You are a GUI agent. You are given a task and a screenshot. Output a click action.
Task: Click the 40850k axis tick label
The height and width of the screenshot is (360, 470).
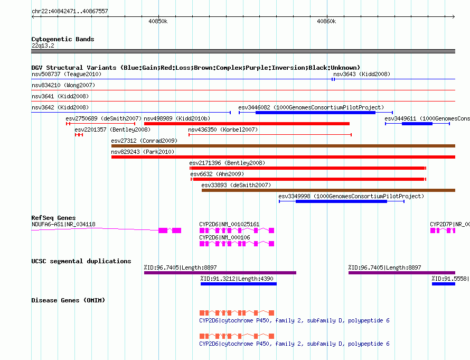click(158, 21)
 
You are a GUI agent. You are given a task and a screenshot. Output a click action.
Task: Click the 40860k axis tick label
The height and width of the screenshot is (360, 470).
click(326, 21)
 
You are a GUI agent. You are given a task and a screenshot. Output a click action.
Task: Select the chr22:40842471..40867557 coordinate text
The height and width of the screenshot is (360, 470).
click(70, 11)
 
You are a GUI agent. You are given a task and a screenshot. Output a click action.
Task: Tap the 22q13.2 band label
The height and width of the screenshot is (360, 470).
click(43, 45)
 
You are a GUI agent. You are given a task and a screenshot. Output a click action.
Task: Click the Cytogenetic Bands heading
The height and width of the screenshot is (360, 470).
click(63, 39)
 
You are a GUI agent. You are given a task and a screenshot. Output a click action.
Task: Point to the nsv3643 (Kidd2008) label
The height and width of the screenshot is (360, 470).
click(362, 74)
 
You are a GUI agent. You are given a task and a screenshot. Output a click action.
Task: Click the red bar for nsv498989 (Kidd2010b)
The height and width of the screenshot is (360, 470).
click(247, 124)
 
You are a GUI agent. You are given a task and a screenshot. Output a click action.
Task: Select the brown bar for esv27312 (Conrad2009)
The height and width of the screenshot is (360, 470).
click(283, 146)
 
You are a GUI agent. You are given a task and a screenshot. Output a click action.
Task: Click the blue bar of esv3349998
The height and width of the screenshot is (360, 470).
click(341, 201)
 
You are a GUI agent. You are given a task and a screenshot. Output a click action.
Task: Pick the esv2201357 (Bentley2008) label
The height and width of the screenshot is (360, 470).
click(112, 130)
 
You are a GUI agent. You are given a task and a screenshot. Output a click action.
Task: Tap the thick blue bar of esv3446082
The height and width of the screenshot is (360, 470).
click(315, 113)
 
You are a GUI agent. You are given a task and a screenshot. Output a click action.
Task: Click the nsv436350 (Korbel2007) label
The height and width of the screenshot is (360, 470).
click(223, 130)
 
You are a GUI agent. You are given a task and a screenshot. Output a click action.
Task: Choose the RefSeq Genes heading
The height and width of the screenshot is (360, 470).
click(54, 218)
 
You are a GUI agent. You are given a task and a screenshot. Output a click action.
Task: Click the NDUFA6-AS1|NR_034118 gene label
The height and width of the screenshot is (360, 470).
click(63, 224)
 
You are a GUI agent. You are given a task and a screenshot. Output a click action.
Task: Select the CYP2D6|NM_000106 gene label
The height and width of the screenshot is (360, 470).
click(224, 237)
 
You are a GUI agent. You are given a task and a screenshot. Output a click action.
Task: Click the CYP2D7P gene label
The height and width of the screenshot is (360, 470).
click(449, 224)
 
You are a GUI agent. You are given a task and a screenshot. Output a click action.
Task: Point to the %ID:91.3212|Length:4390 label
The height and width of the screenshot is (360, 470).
click(237, 279)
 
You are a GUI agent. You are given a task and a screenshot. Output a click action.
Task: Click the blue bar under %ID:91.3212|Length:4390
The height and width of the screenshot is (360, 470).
click(239, 284)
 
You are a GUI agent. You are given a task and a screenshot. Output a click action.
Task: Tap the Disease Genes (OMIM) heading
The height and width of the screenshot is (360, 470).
click(68, 300)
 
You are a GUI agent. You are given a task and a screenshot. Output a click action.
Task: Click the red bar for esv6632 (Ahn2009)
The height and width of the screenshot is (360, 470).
click(308, 179)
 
